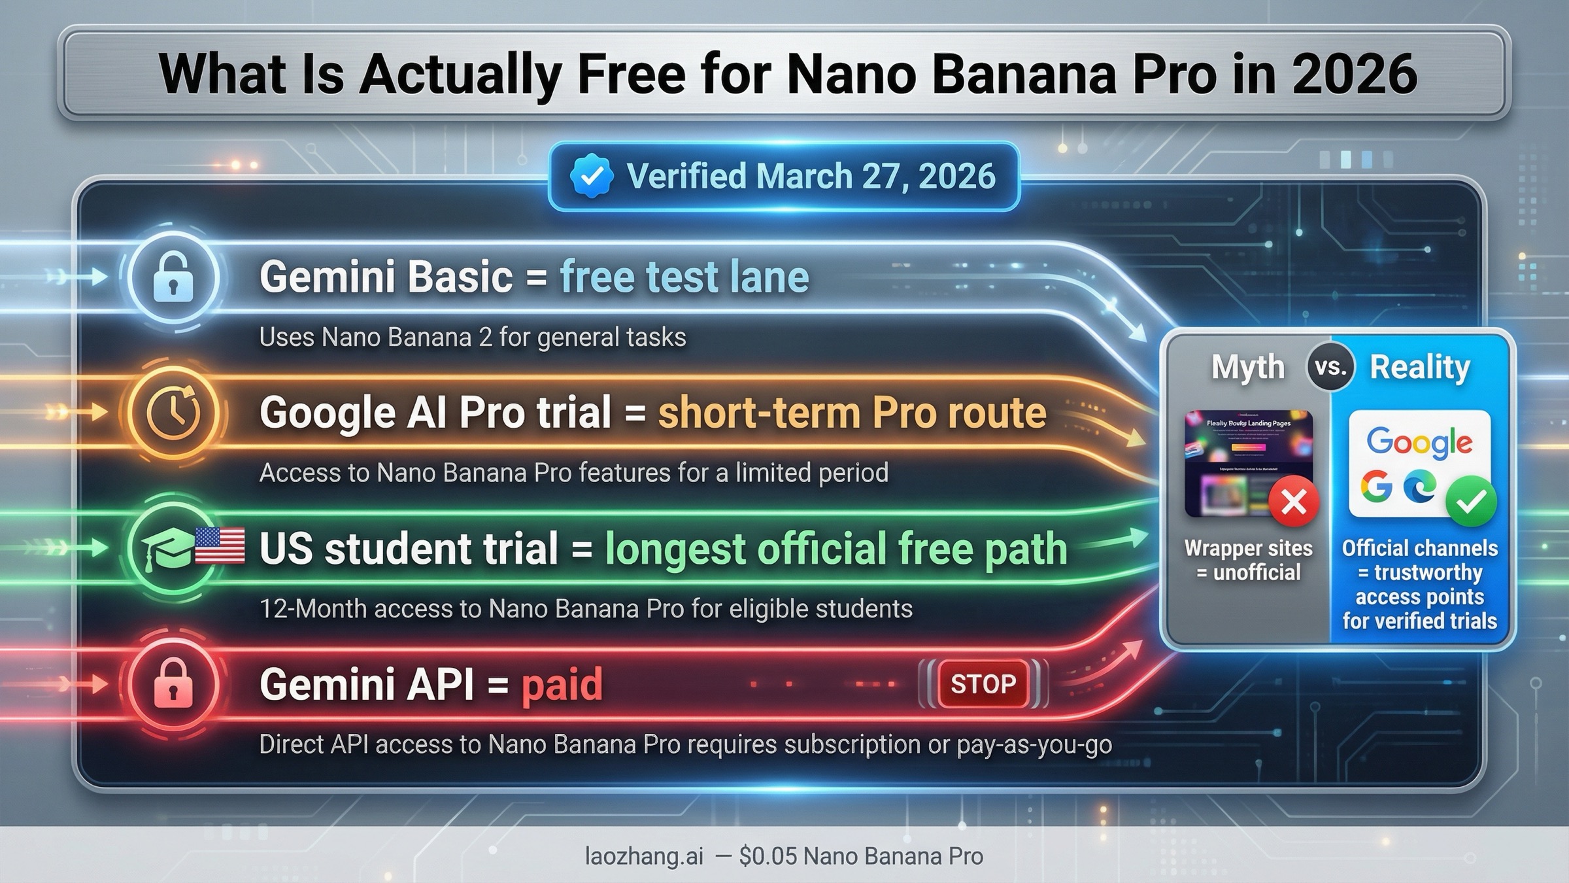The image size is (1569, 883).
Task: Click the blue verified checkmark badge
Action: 591,176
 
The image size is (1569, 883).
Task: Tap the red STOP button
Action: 983,684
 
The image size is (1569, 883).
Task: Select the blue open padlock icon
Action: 173,278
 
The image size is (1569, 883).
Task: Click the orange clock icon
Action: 173,413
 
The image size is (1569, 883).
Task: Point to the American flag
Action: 220,546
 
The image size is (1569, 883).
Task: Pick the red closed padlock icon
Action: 173,684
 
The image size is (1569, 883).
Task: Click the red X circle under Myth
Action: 1293,502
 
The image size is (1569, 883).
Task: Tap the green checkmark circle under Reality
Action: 1471,502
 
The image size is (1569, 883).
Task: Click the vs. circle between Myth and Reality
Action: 1330,367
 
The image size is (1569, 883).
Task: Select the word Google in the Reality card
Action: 1419,443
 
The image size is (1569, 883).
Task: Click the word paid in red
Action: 562,685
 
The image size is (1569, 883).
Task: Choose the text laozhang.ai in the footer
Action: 644,856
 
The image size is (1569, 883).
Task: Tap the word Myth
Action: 1247,367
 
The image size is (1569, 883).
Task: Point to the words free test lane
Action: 684,277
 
